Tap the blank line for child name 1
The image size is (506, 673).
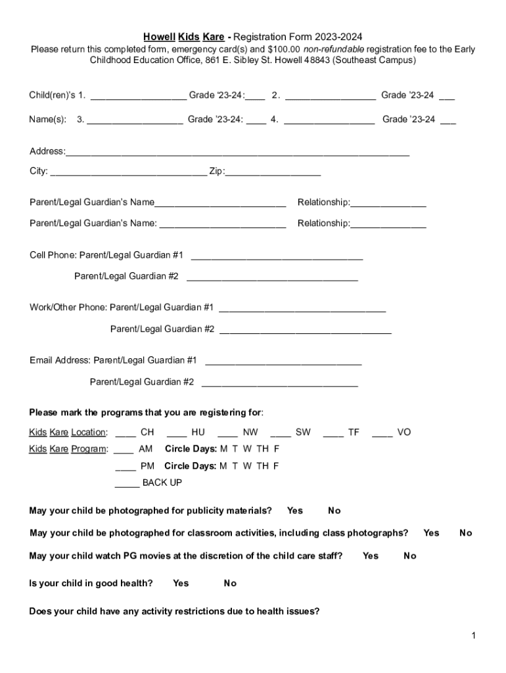138,97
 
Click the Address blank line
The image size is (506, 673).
237,153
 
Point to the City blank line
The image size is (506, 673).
128,174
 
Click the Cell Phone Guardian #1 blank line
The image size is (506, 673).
276,256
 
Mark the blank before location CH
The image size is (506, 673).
126,434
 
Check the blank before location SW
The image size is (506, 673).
281,434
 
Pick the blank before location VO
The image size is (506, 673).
382,434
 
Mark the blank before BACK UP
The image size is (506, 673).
127,484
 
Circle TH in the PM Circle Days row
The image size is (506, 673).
262,467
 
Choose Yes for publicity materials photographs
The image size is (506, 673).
295,511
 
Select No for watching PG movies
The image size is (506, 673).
410,556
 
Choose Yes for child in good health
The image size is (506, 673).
181,583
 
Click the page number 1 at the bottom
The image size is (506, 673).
473,636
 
